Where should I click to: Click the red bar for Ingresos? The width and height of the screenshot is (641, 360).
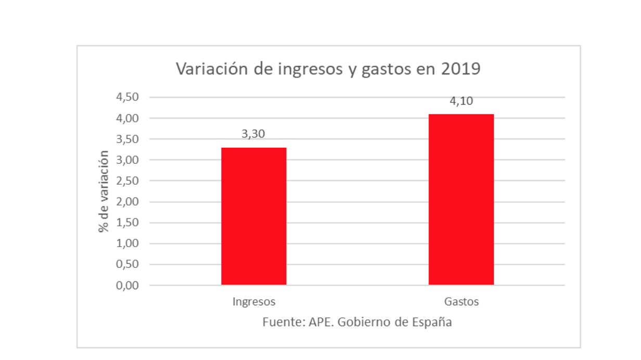253,216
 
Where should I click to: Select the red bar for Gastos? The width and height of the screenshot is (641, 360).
461,199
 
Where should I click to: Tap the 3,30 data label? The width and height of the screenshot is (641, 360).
253,134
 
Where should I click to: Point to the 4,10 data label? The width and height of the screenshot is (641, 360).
461,101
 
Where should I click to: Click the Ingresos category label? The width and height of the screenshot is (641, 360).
253,302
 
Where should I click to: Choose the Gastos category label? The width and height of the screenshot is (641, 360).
461,302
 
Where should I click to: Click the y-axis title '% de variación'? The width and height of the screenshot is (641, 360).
104,191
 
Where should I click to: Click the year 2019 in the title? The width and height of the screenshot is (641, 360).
460,69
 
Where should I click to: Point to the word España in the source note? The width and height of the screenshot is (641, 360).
433,322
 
